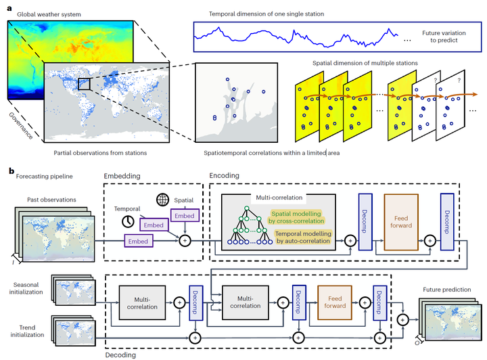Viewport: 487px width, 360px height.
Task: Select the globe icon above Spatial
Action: (x=162, y=200)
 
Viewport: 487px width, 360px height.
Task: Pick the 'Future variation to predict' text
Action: (x=442, y=35)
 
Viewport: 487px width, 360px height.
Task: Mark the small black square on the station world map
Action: (x=85, y=83)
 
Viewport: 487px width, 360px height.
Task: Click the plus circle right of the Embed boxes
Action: (x=183, y=239)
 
